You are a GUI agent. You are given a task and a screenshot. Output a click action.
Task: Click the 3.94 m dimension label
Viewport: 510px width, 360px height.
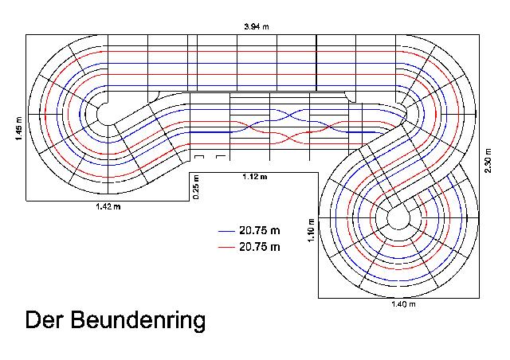257,26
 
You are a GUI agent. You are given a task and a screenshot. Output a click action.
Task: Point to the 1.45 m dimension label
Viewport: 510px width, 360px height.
19,128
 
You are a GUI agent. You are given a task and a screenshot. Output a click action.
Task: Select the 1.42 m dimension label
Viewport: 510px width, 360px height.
108,206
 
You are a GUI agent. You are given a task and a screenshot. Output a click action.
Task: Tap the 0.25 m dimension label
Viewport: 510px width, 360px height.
196,187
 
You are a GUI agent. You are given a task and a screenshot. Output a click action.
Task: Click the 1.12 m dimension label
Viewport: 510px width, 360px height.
255,177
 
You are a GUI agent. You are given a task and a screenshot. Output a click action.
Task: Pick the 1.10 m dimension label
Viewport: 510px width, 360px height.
312,230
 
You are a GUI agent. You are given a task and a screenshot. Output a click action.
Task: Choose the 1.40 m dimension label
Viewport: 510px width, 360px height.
403,304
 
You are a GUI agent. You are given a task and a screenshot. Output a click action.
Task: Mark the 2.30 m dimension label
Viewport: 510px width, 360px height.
488,161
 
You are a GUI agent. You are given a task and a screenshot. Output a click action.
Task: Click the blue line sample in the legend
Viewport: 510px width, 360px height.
226,231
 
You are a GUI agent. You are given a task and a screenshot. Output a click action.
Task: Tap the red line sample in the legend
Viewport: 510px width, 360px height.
226,248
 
